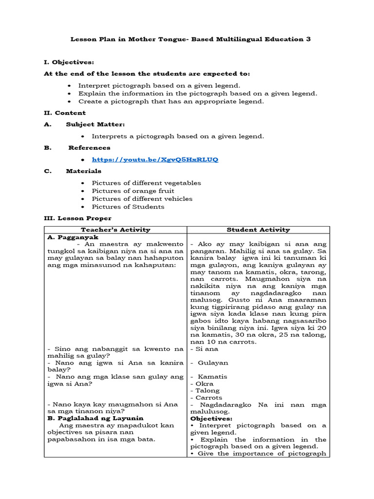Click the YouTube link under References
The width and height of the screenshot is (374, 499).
click(155, 159)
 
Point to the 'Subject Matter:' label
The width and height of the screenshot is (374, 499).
click(95, 124)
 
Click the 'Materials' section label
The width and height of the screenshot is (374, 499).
click(84, 171)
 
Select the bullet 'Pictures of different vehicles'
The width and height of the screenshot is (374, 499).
click(142, 198)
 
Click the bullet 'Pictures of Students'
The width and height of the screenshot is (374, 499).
click(128, 206)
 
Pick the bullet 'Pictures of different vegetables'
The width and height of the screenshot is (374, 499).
click(146, 183)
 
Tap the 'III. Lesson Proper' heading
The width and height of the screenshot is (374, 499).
click(77, 218)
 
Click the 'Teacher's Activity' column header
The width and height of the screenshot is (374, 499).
click(115, 230)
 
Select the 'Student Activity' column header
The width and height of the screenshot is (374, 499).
click(258, 230)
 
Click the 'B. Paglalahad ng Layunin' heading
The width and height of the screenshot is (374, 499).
click(95, 418)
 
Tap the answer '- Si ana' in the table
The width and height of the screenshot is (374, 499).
click(205, 349)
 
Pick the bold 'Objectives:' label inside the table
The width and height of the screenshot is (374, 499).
click(211, 418)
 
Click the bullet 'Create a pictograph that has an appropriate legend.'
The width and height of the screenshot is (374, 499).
click(171, 101)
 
